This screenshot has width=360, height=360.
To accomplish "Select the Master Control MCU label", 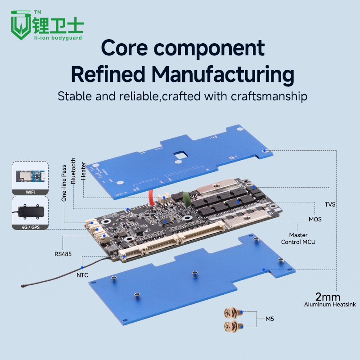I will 298,238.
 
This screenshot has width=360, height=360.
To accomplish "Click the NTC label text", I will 82,274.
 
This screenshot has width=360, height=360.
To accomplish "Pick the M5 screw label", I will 270,319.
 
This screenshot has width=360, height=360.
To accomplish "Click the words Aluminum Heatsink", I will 330,305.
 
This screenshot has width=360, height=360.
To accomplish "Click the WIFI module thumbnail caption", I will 30,192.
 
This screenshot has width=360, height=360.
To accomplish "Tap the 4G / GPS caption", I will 30,227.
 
